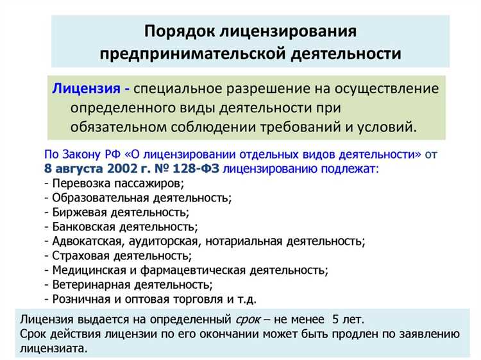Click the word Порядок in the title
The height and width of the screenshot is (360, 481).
point(180,31)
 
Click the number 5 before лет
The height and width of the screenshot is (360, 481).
point(336,319)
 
